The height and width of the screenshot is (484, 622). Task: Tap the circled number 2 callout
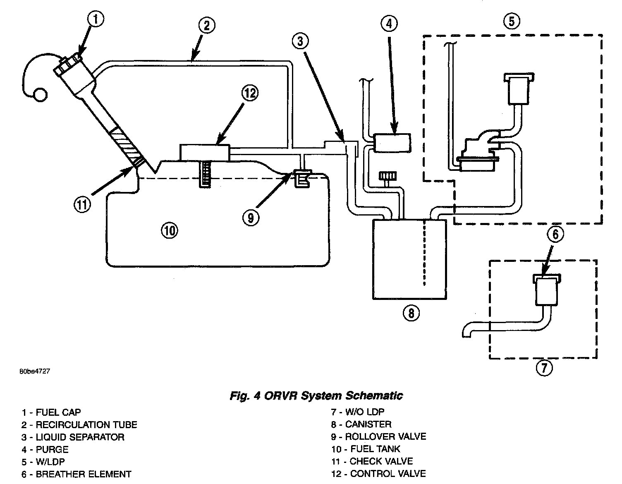point(206,26)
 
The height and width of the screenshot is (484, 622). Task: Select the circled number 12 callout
point(249,93)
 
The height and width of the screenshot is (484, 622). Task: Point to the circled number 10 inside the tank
point(169,230)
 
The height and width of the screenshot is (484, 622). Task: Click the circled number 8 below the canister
point(411,313)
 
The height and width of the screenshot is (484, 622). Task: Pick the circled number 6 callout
point(555,235)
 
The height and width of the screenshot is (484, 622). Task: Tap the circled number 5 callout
point(512,21)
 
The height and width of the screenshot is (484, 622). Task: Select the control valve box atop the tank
point(205,152)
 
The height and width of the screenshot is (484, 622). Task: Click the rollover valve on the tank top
point(303,178)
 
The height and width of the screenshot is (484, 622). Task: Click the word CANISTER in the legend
point(368,424)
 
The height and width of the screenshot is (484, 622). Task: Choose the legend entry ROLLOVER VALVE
point(385,437)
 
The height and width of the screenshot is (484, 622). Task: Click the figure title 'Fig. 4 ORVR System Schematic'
point(316,396)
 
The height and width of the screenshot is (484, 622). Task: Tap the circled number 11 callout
point(83,204)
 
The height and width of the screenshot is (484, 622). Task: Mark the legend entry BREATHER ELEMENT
point(84,474)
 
